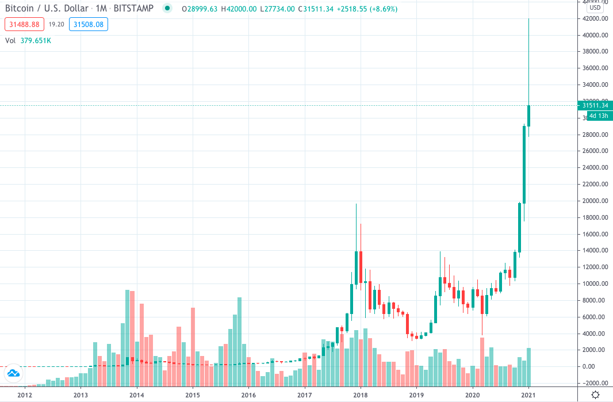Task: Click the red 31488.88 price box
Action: (x=24, y=24)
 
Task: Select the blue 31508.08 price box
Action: (x=88, y=24)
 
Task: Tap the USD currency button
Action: (x=595, y=7)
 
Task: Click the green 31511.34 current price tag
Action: (x=595, y=105)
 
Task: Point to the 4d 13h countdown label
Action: (x=595, y=116)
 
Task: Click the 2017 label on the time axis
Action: (x=304, y=395)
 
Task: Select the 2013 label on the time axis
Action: (x=81, y=395)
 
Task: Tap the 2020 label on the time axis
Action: (x=472, y=395)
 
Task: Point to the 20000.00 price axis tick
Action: (x=595, y=201)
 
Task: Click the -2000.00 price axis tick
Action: (x=595, y=383)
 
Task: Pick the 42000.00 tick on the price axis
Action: (x=595, y=19)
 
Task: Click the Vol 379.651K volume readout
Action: (x=28, y=41)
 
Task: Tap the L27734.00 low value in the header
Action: (x=277, y=9)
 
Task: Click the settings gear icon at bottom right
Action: (x=595, y=395)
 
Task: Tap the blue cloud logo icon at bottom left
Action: (x=13, y=374)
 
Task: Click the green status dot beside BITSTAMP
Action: (x=167, y=8)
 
